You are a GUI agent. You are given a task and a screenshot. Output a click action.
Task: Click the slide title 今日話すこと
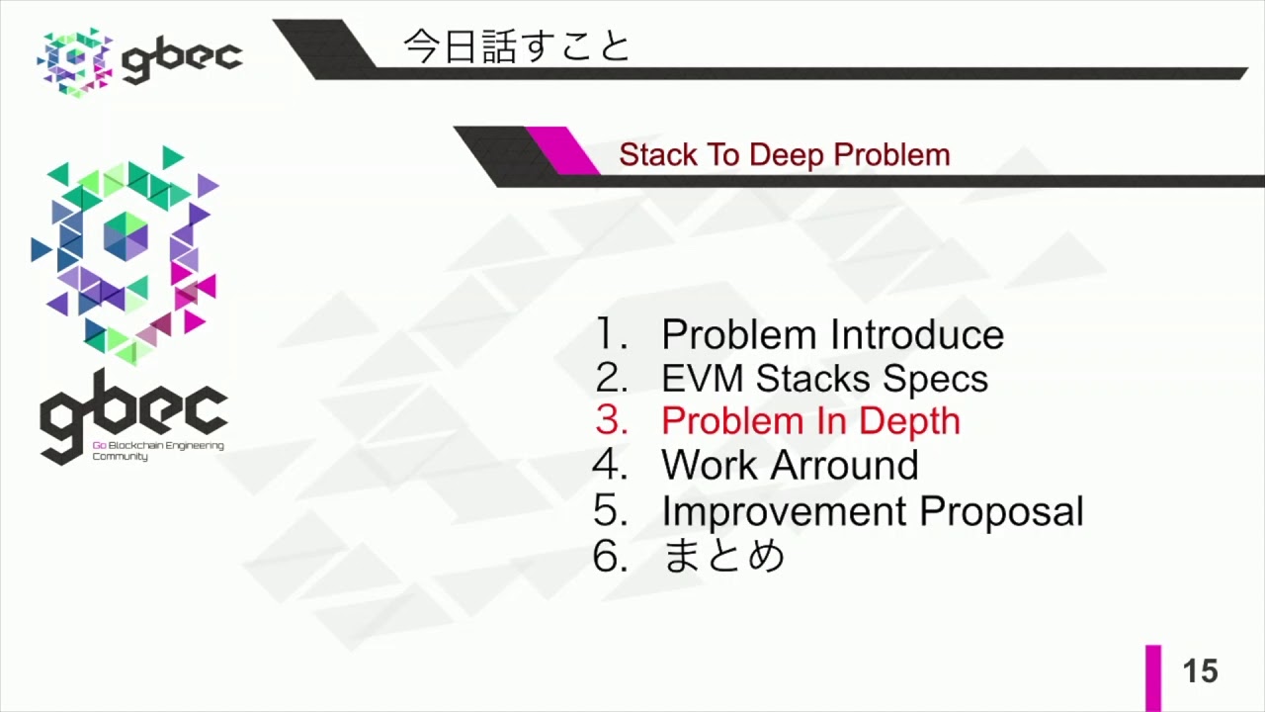[516, 46]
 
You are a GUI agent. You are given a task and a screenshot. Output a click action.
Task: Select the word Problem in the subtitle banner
[891, 155]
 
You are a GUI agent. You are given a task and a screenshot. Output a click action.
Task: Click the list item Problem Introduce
[832, 335]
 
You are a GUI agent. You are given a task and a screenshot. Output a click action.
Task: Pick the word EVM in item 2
[704, 379]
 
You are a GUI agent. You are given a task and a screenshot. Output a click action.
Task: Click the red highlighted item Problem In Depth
[810, 421]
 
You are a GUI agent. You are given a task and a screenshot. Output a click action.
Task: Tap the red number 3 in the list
[612, 421]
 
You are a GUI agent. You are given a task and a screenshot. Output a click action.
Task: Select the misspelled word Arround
[843, 465]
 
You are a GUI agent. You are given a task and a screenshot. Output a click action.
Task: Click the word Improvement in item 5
[785, 511]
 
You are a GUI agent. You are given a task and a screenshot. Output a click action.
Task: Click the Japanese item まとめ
[723, 556]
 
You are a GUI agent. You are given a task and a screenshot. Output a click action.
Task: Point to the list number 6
[610, 557]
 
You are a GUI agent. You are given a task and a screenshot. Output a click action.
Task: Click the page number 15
[1200, 672]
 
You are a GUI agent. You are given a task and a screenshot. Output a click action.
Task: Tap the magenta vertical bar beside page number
[1153, 677]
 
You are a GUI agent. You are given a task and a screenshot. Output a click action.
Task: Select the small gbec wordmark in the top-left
[182, 60]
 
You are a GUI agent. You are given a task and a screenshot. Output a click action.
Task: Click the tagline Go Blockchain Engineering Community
[158, 451]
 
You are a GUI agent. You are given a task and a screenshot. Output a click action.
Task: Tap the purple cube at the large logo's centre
[126, 236]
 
